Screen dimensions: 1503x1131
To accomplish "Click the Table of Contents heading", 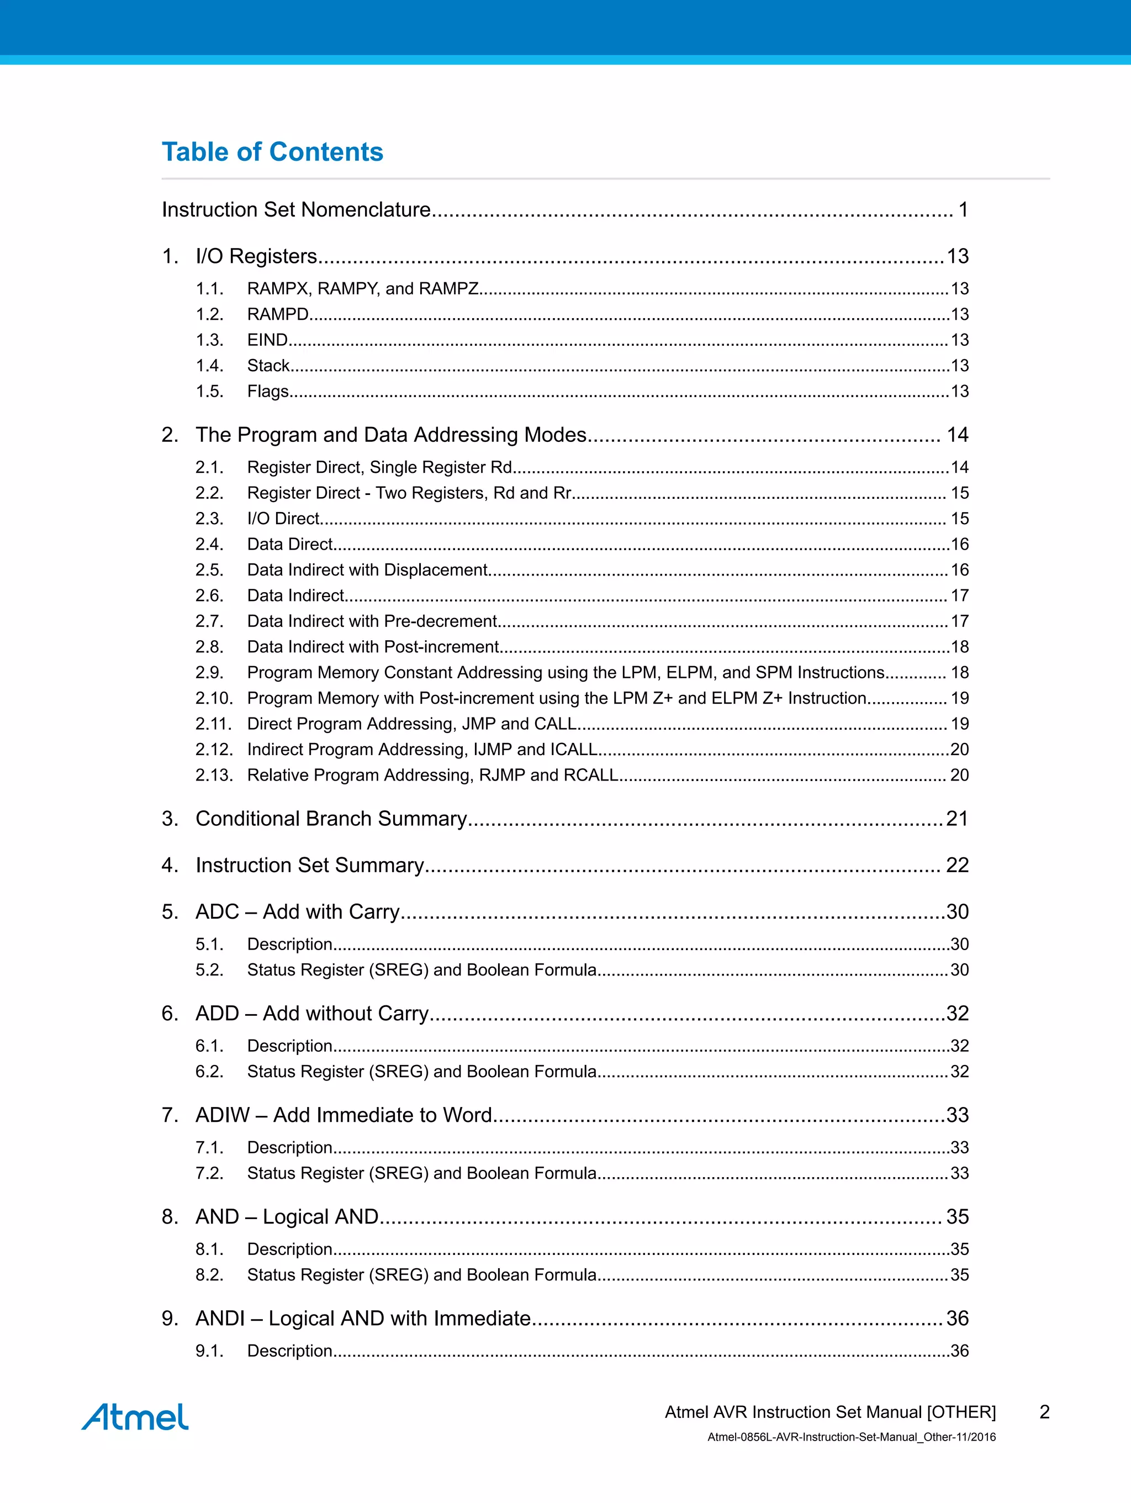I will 272,151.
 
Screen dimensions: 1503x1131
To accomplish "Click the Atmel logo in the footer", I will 135,1417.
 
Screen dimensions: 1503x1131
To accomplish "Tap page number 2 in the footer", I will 1044,1412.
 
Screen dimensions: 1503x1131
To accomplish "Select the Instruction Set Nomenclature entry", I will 296,209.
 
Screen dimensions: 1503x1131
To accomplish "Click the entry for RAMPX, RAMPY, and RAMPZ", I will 363,289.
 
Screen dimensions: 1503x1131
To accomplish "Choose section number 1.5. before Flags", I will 209,392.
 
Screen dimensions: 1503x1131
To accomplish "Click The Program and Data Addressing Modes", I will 390,435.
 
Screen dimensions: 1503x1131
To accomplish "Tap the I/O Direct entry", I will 283,519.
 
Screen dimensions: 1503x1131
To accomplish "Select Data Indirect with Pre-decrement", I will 372,621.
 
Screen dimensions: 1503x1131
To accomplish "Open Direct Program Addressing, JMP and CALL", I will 411,724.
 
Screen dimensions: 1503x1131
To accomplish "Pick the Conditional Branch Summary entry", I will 331,818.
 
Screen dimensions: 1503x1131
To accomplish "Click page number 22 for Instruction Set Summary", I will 957,865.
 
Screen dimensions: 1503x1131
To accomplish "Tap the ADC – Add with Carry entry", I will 298,911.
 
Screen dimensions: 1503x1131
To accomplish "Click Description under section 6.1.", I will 289,1046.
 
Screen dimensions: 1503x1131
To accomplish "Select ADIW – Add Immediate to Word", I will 343,1115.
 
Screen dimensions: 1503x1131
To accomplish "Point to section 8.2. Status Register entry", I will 421,1275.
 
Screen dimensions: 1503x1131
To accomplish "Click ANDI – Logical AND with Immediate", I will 363,1318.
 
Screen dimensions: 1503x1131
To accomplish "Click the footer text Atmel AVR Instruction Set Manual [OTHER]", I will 830,1412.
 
